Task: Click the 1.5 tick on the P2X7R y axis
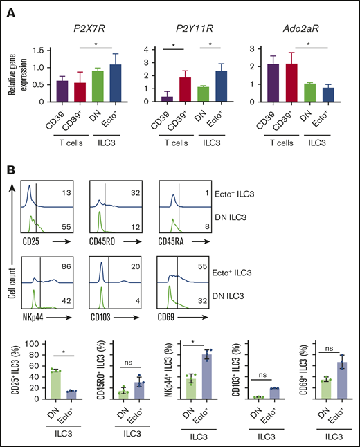[x=39, y=51]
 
